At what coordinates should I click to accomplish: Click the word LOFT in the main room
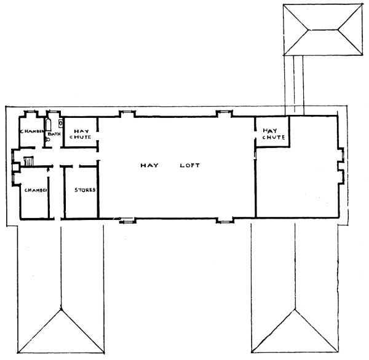(189, 165)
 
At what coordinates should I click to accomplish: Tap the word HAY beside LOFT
(149, 165)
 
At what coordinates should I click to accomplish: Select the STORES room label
(85, 190)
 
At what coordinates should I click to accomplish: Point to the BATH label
(54, 134)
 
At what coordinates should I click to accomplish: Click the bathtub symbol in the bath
(49, 125)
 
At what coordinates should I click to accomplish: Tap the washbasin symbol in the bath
(60, 123)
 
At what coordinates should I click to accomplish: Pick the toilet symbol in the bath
(48, 139)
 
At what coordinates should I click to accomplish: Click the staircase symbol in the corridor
(28, 161)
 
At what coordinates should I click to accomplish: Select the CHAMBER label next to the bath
(32, 131)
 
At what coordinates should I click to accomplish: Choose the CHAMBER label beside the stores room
(36, 190)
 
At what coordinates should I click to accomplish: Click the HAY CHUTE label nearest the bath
(81, 134)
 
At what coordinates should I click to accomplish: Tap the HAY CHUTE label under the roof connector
(274, 134)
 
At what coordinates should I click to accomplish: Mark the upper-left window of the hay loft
(127, 112)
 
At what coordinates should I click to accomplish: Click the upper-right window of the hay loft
(224, 111)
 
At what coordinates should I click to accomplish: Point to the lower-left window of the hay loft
(127, 221)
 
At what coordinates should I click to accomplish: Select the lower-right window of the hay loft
(224, 221)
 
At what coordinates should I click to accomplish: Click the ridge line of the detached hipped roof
(323, 30)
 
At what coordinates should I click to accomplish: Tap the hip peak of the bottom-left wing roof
(61, 310)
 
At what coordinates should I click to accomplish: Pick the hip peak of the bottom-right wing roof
(295, 310)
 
